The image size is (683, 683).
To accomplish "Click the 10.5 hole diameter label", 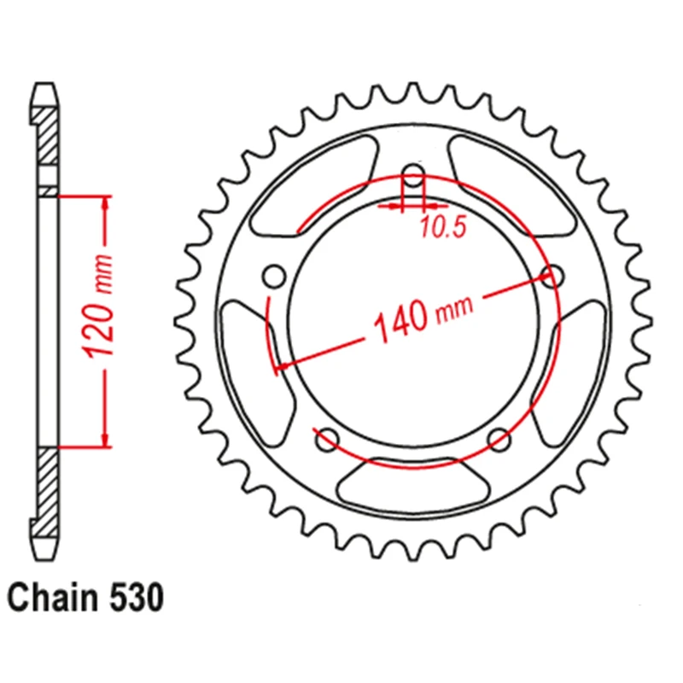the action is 443,226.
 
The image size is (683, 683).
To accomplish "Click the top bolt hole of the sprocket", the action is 413,176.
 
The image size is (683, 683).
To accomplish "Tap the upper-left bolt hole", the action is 274,276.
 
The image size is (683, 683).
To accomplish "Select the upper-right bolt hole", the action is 552,276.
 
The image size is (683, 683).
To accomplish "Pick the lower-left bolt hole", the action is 328,440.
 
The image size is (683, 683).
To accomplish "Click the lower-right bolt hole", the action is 499,440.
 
